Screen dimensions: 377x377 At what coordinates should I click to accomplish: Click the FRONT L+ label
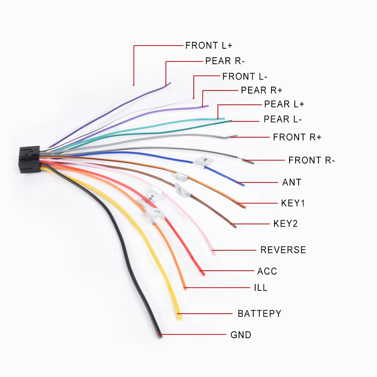(x=208, y=46)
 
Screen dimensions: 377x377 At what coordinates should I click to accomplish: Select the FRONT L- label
(x=245, y=77)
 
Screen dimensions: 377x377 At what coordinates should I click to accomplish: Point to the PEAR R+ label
(x=261, y=90)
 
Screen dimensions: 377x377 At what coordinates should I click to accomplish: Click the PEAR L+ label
(x=284, y=104)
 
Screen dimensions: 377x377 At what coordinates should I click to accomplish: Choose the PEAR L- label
(x=283, y=120)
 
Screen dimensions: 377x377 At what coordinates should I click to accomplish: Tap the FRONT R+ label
(x=297, y=137)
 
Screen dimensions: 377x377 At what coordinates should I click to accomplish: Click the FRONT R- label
(x=311, y=160)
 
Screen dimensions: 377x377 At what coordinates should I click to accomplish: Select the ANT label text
(x=292, y=182)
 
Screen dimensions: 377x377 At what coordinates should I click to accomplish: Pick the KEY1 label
(x=293, y=204)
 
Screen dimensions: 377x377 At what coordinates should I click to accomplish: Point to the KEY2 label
(x=285, y=224)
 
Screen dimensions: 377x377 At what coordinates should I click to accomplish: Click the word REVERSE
(x=283, y=250)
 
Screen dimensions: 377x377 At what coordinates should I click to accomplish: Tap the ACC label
(x=267, y=271)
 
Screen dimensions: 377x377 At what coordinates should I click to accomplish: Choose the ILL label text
(x=261, y=288)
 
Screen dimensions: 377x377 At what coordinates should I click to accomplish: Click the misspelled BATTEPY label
(x=259, y=314)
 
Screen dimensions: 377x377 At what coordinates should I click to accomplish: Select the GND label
(x=241, y=335)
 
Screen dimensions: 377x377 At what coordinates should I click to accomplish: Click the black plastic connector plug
(x=28, y=159)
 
